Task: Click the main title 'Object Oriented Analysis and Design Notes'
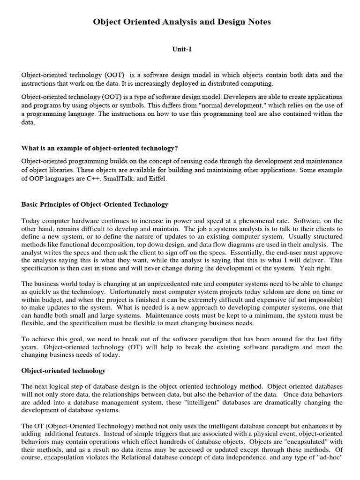(x=182, y=22)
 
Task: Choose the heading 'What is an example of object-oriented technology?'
(x=99, y=148)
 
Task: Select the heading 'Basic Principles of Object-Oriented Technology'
(x=95, y=205)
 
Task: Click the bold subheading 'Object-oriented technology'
(x=63, y=371)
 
